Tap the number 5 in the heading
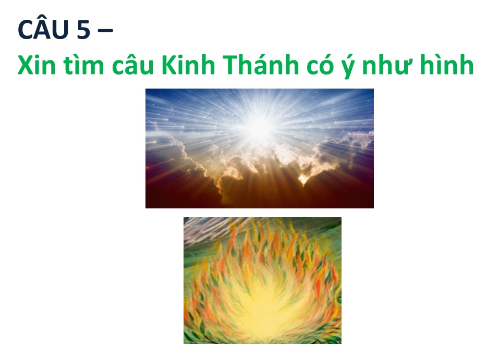(x=83, y=30)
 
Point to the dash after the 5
(x=104, y=31)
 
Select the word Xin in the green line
(x=36, y=65)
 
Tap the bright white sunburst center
(x=260, y=127)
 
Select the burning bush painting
(x=263, y=280)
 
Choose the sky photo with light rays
(x=260, y=148)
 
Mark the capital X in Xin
(x=26, y=65)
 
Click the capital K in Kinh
(x=169, y=65)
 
